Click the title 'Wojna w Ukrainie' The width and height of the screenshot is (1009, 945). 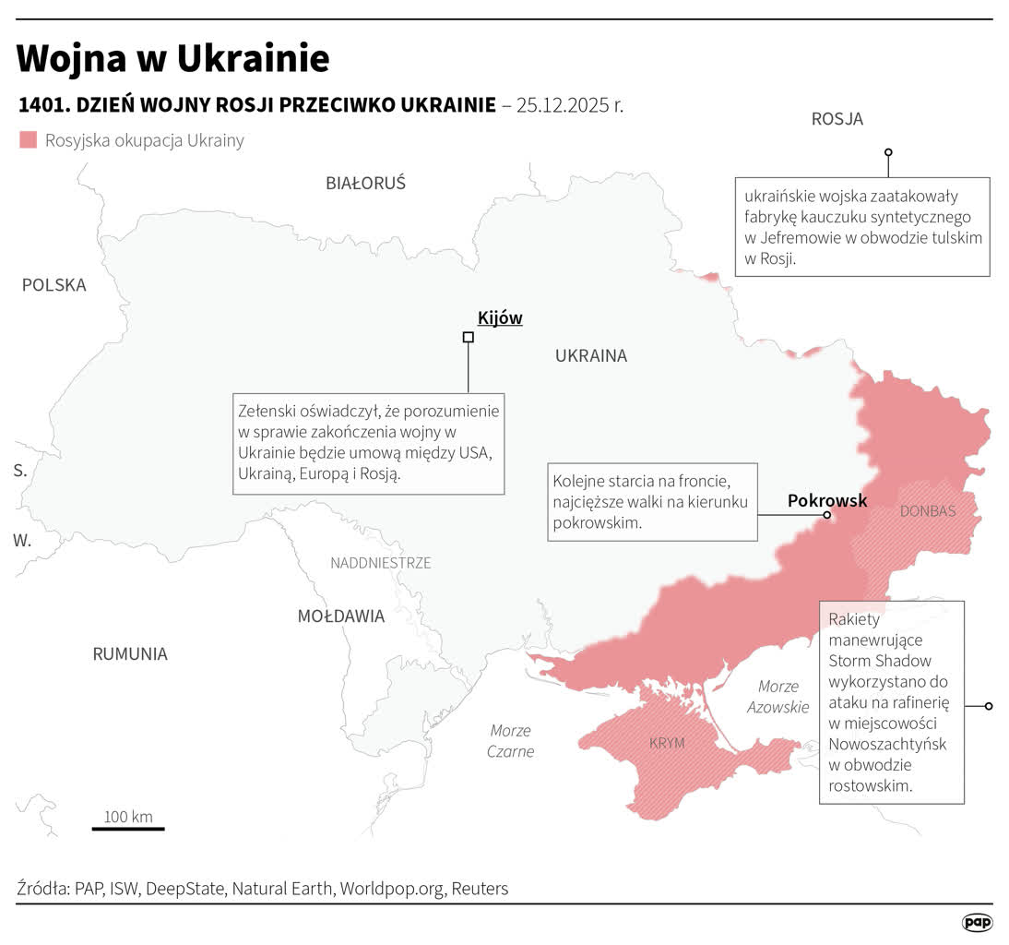(x=172, y=59)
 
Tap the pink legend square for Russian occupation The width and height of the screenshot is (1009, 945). (x=29, y=140)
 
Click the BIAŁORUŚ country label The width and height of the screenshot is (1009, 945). (x=365, y=183)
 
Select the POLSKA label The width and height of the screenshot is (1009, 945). (x=53, y=285)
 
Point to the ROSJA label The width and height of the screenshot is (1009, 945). (x=837, y=119)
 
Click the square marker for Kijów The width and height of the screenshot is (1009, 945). (x=468, y=338)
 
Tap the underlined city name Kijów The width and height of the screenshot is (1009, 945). (x=500, y=318)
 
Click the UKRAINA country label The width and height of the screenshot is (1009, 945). (x=590, y=355)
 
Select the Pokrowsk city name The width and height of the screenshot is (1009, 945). (x=827, y=500)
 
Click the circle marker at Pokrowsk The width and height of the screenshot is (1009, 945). (x=826, y=516)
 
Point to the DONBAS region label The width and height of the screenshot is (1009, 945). (x=927, y=511)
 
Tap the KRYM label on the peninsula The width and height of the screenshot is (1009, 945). (x=667, y=743)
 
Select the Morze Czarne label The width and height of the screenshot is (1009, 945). (x=511, y=741)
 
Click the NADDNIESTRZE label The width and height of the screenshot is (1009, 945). (x=380, y=563)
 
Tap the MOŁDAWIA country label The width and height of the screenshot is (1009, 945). (x=340, y=616)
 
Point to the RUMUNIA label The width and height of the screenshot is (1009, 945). (x=130, y=654)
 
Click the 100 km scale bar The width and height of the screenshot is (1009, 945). (x=128, y=828)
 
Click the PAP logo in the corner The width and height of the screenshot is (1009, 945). (x=977, y=922)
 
